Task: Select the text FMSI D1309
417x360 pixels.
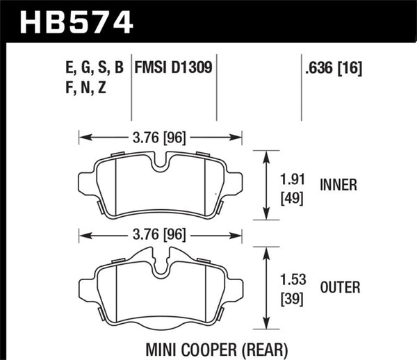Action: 177,68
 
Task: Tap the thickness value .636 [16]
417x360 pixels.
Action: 333,68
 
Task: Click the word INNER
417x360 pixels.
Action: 338,186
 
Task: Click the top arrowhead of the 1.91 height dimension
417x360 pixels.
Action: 267,154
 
